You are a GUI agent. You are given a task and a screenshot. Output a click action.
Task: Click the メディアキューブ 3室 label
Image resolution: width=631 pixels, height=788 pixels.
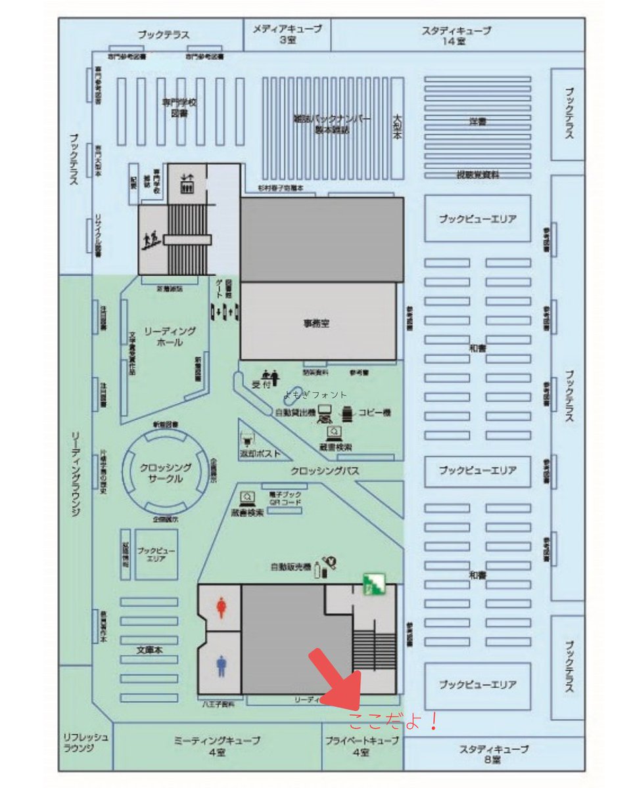point(287,34)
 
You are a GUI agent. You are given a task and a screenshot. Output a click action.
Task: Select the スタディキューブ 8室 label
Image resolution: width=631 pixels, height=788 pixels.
point(494,753)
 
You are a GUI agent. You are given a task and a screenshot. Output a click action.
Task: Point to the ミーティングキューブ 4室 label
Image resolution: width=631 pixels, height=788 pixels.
point(217,746)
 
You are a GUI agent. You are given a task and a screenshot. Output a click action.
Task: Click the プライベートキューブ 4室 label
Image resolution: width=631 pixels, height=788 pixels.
point(362,746)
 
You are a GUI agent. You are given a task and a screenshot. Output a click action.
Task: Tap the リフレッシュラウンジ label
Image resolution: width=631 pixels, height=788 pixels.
point(86,743)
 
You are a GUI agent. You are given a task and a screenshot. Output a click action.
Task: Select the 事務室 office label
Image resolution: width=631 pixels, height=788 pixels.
point(316,323)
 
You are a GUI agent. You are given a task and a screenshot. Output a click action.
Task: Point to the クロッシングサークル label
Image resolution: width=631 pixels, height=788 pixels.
point(166,473)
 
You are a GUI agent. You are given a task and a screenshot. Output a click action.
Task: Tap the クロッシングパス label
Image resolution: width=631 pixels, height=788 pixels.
point(325,471)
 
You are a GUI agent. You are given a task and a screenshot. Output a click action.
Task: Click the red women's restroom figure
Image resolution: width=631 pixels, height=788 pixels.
point(222,607)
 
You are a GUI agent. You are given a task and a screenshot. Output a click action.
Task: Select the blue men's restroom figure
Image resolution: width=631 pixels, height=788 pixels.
point(222,667)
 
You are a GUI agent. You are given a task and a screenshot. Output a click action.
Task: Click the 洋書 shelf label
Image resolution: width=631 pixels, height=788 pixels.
point(478,122)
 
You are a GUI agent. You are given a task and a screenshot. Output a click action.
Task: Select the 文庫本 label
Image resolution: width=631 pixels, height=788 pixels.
point(149,650)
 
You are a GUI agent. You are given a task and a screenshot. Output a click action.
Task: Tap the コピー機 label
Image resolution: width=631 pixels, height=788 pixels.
point(374,413)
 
